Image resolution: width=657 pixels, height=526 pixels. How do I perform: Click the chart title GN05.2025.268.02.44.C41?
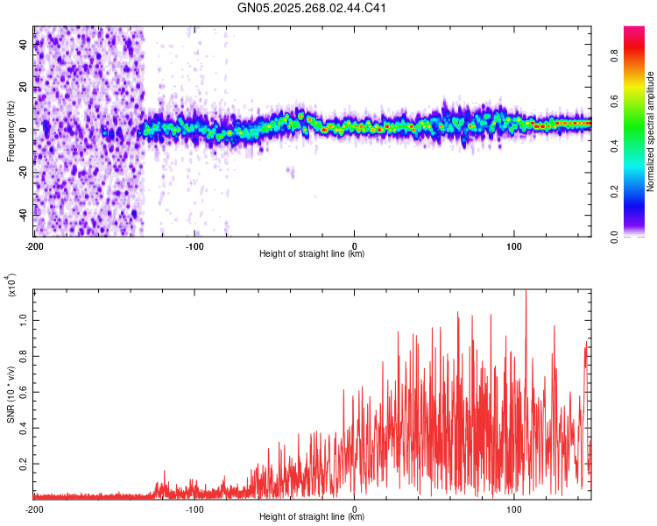pyautogui.click(x=312, y=9)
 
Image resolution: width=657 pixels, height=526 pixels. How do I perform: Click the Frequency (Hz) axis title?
pyautogui.click(x=11, y=131)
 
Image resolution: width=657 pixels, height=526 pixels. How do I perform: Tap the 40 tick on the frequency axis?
pyautogui.click(x=24, y=45)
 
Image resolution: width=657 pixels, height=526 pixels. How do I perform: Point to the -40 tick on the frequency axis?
pyautogui.click(x=22, y=214)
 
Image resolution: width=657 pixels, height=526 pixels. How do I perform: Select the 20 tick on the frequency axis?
pyautogui.click(x=24, y=87)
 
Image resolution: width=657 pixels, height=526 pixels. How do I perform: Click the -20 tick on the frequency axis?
pyautogui.click(x=22, y=172)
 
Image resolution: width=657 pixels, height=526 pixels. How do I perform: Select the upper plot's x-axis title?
pyautogui.click(x=312, y=254)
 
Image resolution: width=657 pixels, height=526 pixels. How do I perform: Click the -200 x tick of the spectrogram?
pyautogui.click(x=34, y=245)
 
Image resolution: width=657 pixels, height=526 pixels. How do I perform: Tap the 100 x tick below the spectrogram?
pyautogui.click(x=514, y=245)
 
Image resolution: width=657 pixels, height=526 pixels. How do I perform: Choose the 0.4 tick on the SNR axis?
pyautogui.click(x=24, y=428)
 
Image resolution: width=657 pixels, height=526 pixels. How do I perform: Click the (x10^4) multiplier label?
pyautogui.click(x=11, y=285)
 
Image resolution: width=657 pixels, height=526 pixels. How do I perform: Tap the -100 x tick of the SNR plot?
pyautogui.click(x=194, y=508)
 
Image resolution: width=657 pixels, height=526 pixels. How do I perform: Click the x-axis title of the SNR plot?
pyautogui.click(x=312, y=517)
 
